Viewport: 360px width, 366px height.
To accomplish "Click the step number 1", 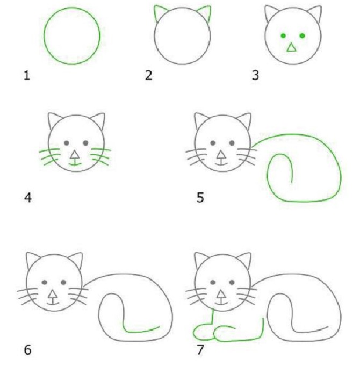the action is [27, 76].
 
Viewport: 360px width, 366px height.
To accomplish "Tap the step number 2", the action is [149, 76].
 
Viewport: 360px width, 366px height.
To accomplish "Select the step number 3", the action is [255, 76].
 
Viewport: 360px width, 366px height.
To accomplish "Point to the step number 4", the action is [28, 198].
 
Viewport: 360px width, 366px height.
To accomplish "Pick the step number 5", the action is [200, 198].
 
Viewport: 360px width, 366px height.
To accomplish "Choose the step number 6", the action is [27, 350].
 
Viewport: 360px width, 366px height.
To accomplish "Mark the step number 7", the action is [200, 350].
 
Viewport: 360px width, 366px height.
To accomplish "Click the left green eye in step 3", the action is [283, 35].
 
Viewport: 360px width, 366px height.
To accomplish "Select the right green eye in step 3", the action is [302, 35].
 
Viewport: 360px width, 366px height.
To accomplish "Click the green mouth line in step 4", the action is [75, 164].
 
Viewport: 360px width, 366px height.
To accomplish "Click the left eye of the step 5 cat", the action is [213, 143].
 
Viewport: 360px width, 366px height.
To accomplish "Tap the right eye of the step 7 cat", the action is [232, 283].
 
